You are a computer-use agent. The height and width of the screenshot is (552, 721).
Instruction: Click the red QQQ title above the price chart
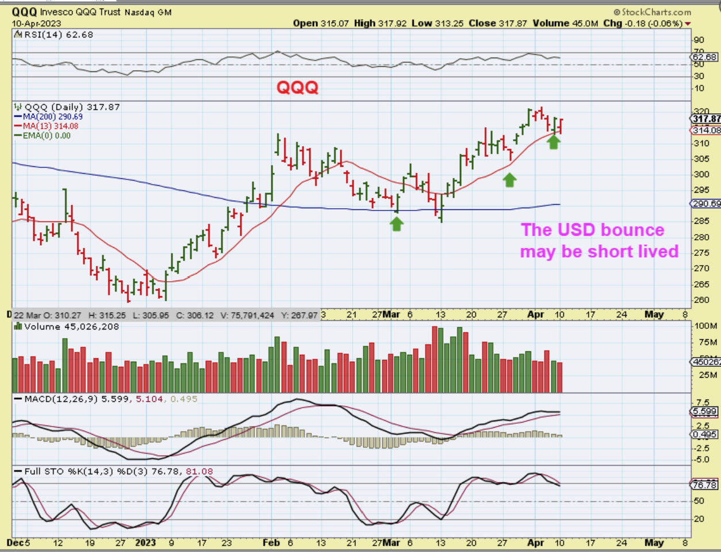click(x=297, y=87)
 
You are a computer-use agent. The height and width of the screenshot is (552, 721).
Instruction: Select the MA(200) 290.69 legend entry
click(x=50, y=117)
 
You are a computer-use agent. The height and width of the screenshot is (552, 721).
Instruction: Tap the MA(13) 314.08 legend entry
click(x=47, y=126)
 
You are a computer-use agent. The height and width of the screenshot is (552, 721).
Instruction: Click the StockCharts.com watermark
click(x=652, y=12)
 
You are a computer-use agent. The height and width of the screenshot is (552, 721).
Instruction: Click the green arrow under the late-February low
click(x=397, y=223)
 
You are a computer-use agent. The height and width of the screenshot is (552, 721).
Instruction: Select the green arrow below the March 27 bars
click(x=509, y=180)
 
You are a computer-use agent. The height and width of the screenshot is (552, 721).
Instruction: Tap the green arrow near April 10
click(x=553, y=141)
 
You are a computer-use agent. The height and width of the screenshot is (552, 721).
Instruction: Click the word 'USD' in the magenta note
click(x=580, y=230)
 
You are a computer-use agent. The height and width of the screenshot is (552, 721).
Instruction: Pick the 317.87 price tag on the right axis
click(x=706, y=119)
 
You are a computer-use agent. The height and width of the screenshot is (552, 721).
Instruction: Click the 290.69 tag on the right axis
click(x=705, y=204)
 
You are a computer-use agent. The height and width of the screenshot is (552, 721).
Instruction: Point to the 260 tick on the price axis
click(x=701, y=300)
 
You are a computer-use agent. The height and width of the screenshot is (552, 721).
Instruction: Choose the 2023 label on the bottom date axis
click(x=145, y=542)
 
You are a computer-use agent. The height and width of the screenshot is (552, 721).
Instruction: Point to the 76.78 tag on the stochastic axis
click(x=705, y=485)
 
